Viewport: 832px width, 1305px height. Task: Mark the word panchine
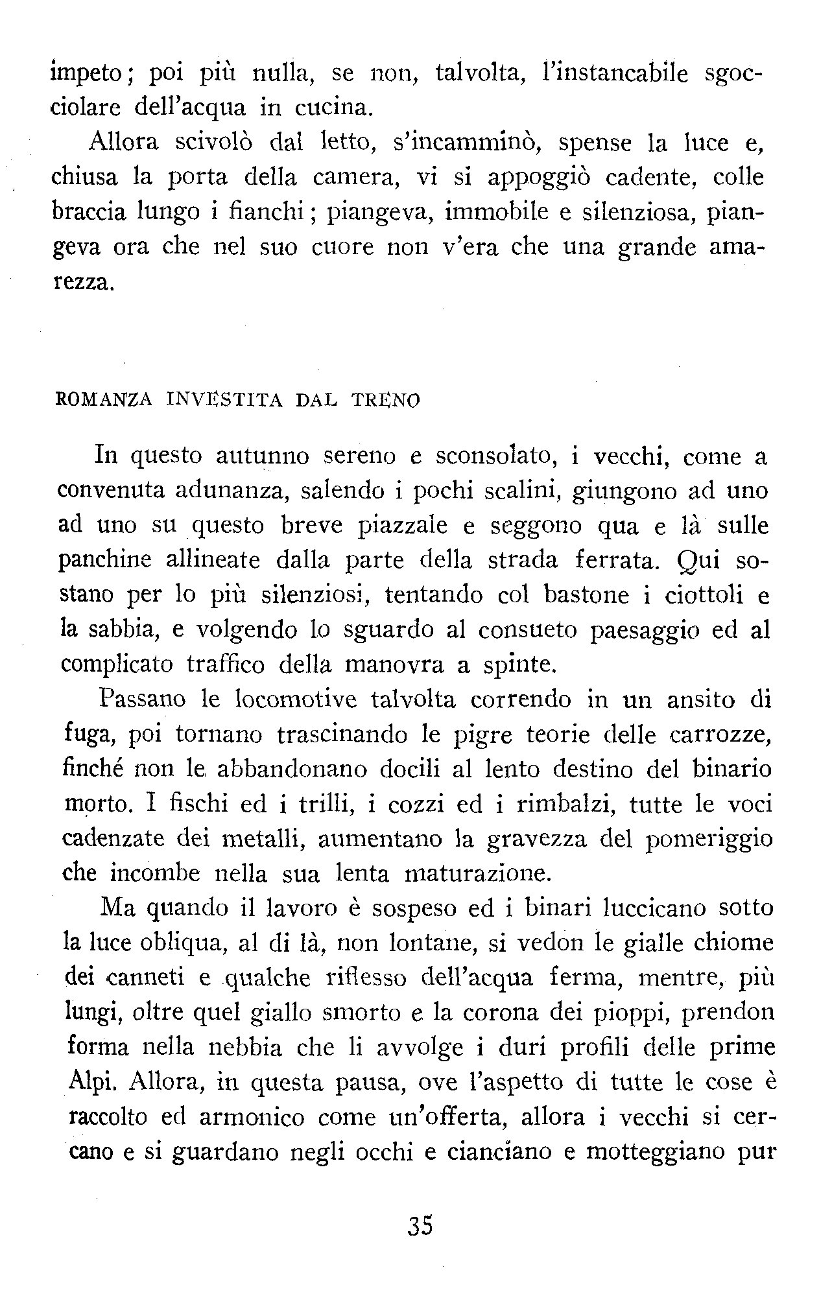pos(102,561)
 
